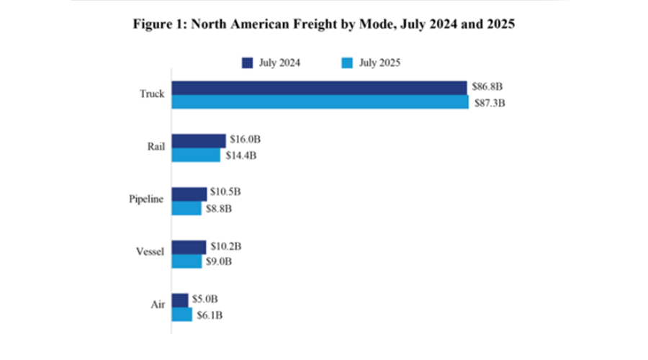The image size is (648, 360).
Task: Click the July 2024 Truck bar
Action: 319,88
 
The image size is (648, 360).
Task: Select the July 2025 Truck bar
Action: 320,102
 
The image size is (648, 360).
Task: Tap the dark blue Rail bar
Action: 198,141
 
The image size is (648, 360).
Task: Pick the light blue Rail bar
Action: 196,155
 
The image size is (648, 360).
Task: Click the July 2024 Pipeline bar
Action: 189,194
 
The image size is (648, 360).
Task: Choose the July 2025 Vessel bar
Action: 186,261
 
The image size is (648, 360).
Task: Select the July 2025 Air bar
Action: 182,315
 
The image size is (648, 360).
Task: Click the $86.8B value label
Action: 487,87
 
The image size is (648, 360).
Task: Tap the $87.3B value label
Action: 489,103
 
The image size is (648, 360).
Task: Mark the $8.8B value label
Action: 220,209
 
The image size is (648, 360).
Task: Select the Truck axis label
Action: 152,94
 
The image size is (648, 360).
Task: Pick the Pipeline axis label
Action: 146,201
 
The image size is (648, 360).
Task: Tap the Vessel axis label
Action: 150,253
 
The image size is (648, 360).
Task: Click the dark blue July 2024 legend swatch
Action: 247,63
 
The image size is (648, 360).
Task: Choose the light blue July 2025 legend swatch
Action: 344,63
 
